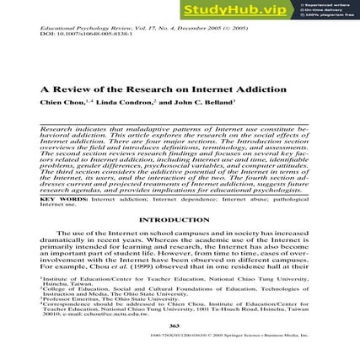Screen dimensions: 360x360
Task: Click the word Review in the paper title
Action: [x=70, y=90]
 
